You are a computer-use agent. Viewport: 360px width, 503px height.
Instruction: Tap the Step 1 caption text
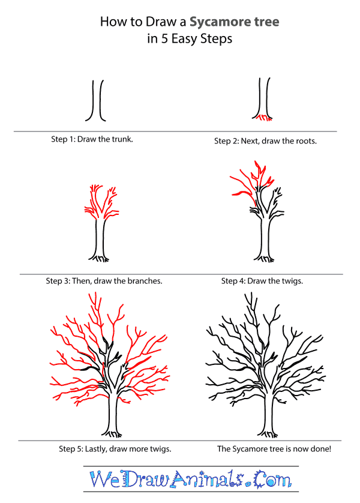pyautogui.click(x=92, y=139)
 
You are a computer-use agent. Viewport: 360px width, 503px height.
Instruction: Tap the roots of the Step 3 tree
pyautogui.click(x=100, y=259)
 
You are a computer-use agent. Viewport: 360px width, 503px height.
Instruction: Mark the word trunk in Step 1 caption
pyautogui.click(x=120, y=139)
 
